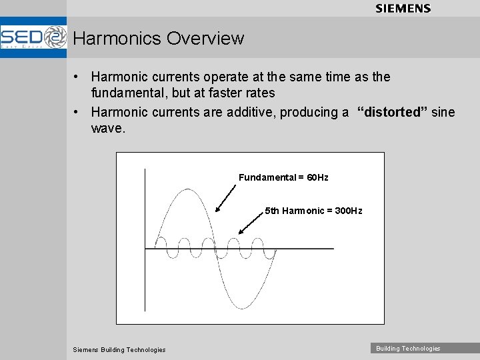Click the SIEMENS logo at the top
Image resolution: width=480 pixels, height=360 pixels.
[403, 9]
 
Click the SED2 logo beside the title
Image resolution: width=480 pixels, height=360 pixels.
[33, 37]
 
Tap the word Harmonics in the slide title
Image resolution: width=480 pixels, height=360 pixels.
[117, 39]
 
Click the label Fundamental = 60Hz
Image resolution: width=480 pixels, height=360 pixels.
[283, 177]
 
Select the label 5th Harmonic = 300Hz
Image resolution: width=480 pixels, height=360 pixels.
[313, 211]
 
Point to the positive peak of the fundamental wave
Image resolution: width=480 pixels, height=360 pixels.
[185, 190]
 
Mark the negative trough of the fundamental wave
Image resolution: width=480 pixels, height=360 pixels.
[242, 308]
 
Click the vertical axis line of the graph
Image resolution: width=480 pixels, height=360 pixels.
[145, 240]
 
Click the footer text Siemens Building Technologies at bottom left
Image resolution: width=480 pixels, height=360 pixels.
[119, 350]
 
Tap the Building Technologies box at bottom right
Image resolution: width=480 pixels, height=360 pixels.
[408, 349]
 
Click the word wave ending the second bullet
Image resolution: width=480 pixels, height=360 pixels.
[107, 128]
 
